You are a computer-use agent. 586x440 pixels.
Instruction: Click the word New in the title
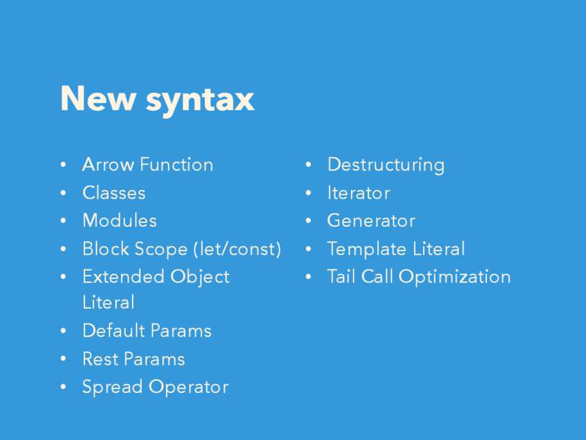tap(98, 98)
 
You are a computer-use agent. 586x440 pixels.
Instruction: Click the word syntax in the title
tap(200, 101)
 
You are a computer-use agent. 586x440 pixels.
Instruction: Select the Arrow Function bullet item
tap(148, 164)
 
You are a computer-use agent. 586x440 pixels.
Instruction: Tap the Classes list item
tap(114, 193)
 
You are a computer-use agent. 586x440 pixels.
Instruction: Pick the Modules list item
tap(120, 220)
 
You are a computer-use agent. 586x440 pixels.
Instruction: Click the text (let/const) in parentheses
tap(237, 249)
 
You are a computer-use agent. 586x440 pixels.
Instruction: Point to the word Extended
tap(123, 277)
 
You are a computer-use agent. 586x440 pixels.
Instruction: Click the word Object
tap(200, 277)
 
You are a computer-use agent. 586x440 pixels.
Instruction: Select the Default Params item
tap(147, 331)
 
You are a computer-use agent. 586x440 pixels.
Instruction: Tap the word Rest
tap(100, 359)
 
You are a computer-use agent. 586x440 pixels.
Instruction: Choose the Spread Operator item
tap(155, 387)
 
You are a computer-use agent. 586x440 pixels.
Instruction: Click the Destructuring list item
tap(386, 165)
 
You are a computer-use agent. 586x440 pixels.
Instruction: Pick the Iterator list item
tap(359, 193)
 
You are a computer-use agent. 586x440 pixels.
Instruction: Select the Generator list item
tap(371, 221)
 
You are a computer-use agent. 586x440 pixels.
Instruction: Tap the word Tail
tap(341, 277)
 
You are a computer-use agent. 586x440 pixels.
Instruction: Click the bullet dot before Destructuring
tap(309, 164)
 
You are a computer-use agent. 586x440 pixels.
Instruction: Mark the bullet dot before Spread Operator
tap(63, 387)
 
